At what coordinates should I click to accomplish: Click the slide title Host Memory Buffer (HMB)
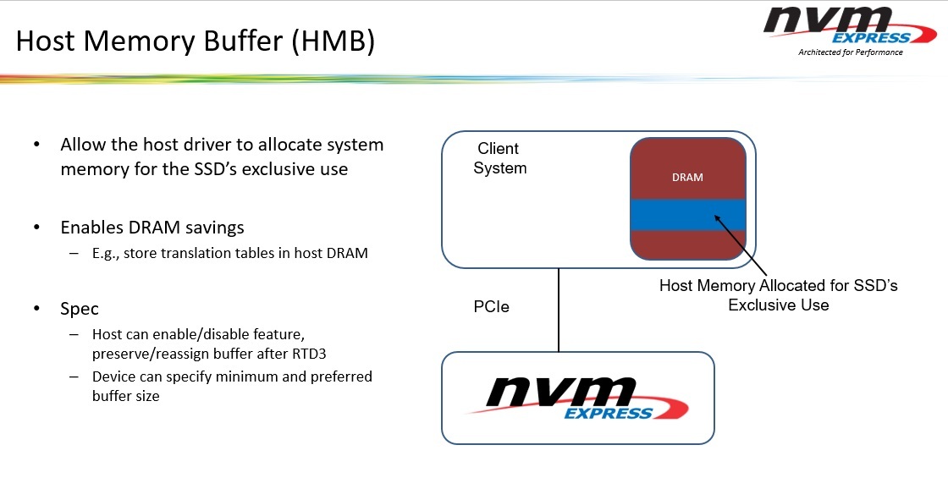(x=195, y=41)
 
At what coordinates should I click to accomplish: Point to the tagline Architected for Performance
(x=850, y=52)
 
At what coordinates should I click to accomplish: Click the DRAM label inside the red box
(x=687, y=178)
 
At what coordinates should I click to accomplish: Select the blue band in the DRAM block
(x=687, y=215)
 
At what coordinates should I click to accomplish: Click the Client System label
(x=499, y=158)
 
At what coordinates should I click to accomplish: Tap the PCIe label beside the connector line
(x=491, y=307)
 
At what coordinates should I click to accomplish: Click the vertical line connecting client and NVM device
(x=559, y=310)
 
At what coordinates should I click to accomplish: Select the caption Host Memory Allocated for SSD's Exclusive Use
(x=778, y=294)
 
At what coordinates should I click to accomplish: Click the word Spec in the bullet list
(x=80, y=309)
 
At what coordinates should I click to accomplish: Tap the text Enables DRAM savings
(x=152, y=227)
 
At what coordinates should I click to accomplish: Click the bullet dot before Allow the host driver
(x=36, y=145)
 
